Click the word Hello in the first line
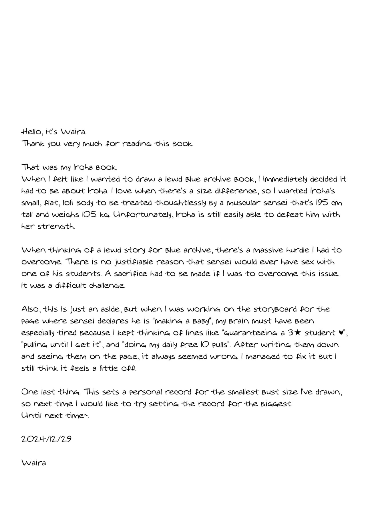coord(33,132)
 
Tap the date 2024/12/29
coord(46,439)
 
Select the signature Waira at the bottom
coord(34,462)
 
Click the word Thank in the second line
coord(33,144)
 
